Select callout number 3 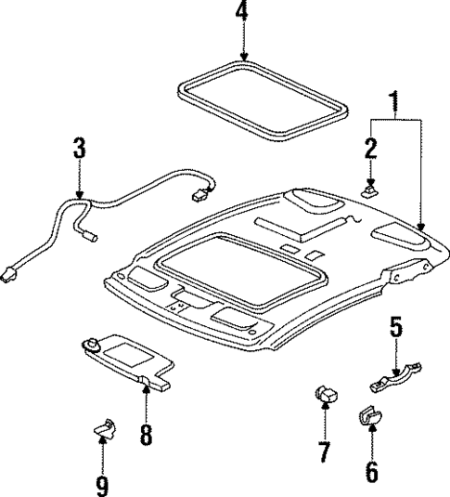80,150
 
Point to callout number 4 242,13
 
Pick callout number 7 325,452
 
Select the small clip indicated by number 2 369,190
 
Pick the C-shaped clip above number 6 368,417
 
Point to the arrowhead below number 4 242,57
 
